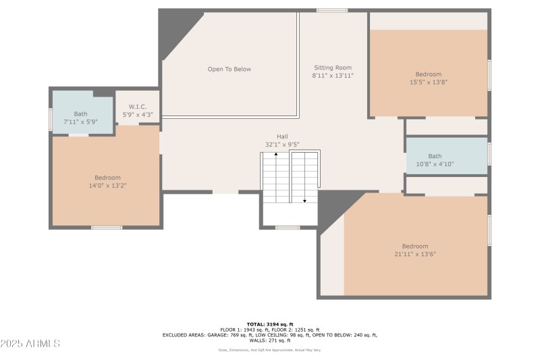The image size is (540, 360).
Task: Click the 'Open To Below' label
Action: (x=229, y=69)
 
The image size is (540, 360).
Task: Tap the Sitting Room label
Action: (x=333, y=68)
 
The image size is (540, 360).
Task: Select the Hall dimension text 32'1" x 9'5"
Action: (x=281, y=145)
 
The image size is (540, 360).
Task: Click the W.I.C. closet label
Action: (x=138, y=107)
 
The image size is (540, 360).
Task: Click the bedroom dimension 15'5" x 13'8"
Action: (x=429, y=82)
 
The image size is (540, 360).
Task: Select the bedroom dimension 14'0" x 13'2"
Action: (x=107, y=185)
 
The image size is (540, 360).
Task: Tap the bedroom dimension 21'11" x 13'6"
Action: (x=415, y=255)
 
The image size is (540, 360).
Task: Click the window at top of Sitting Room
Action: (x=332, y=10)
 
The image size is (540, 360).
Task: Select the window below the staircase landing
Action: (x=289, y=228)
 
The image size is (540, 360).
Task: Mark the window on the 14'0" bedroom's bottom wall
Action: (x=107, y=228)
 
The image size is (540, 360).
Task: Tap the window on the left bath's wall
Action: (x=50, y=119)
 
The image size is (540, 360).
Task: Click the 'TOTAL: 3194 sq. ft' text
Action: (x=269, y=324)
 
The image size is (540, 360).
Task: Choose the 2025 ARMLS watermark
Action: (x=30, y=344)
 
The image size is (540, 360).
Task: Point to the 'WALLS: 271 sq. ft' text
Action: (x=269, y=340)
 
